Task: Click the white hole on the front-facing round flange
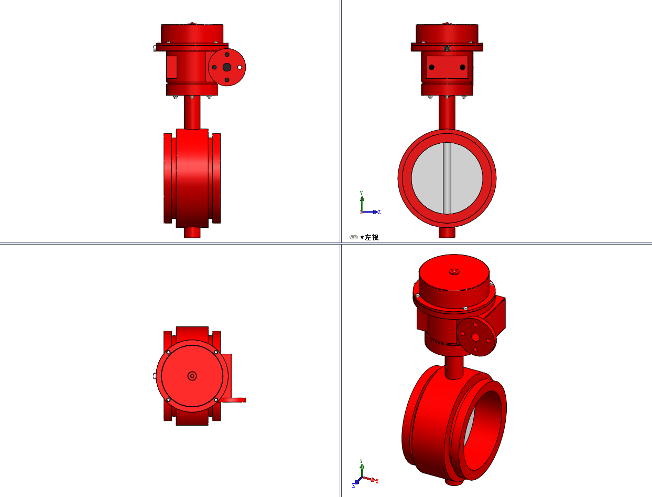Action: pyautogui.click(x=240, y=67)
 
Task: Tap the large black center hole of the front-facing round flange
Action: pyautogui.click(x=227, y=67)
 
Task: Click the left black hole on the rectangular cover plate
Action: pyautogui.click(x=431, y=67)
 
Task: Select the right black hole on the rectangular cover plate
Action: pyautogui.click(x=462, y=67)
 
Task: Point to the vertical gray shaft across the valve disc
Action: pyautogui.click(x=447, y=178)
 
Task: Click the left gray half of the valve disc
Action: pyautogui.click(x=427, y=178)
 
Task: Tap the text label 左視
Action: pyautogui.click(x=371, y=237)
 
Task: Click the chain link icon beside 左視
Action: pyautogui.click(x=353, y=237)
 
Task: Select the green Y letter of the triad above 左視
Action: pyautogui.click(x=362, y=193)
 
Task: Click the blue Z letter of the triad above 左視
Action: pyautogui.click(x=379, y=212)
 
